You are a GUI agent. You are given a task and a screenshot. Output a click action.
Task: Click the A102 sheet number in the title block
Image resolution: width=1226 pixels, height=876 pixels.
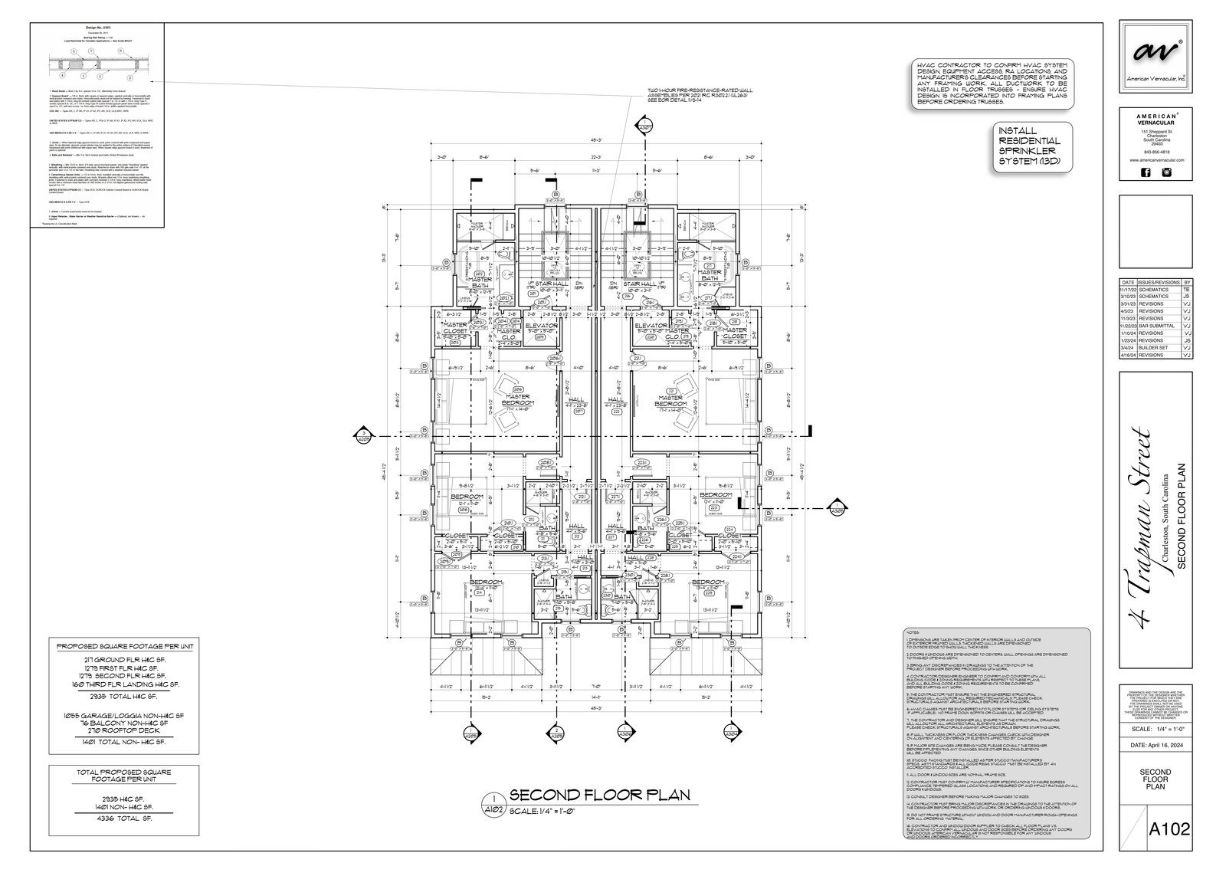[1169, 850]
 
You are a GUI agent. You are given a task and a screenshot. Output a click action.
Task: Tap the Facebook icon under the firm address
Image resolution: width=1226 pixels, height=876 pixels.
[1146, 172]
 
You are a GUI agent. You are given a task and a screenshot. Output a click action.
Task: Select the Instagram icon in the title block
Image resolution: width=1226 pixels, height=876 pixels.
[1167, 172]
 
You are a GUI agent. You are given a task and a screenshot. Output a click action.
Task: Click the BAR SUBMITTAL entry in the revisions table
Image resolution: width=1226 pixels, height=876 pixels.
[1158, 326]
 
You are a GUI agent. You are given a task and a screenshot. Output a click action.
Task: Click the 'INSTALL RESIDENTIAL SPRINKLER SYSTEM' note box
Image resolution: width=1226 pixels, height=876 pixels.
[1030, 147]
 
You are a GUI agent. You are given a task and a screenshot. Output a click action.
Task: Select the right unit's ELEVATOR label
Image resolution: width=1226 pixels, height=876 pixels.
[652, 326]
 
